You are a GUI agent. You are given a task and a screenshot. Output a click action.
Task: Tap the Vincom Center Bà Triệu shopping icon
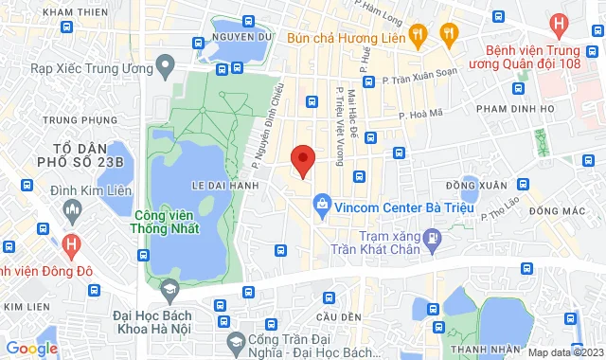click(x=323, y=204)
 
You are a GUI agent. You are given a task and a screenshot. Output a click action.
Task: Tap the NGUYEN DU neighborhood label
click(x=243, y=36)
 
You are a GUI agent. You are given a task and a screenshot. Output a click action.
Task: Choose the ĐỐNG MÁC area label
click(x=556, y=209)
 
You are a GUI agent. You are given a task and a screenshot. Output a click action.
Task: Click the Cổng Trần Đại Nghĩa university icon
click(x=233, y=340)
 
